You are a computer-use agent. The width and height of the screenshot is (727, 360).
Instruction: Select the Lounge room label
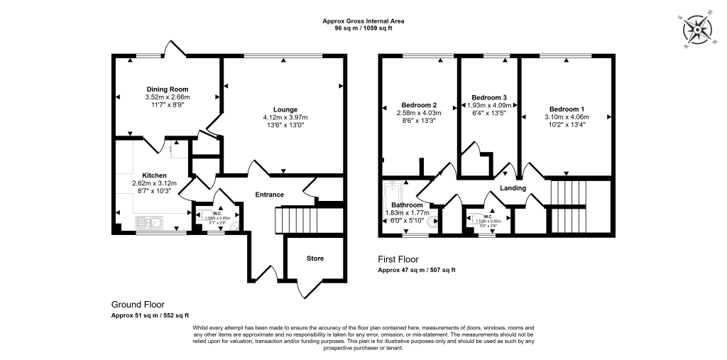click(x=285, y=109)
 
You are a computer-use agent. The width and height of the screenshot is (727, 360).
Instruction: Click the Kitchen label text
click(x=154, y=175)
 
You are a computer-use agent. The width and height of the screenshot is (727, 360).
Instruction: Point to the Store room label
click(x=315, y=258)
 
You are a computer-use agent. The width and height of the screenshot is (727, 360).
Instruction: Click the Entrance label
click(x=270, y=195)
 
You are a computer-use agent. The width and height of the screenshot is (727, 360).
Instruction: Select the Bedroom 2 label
click(x=418, y=104)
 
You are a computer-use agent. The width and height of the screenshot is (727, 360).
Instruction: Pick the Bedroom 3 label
click(x=489, y=97)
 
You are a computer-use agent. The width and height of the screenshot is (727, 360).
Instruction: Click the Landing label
click(x=513, y=188)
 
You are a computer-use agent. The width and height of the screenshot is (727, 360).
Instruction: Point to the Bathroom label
click(x=407, y=205)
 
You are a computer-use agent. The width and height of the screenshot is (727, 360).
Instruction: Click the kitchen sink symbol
click(x=152, y=224)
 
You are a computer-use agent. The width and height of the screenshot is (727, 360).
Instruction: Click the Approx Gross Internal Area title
click(x=363, y=21)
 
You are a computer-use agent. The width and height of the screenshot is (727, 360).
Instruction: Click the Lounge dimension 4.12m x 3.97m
click(x=285, y=117)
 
